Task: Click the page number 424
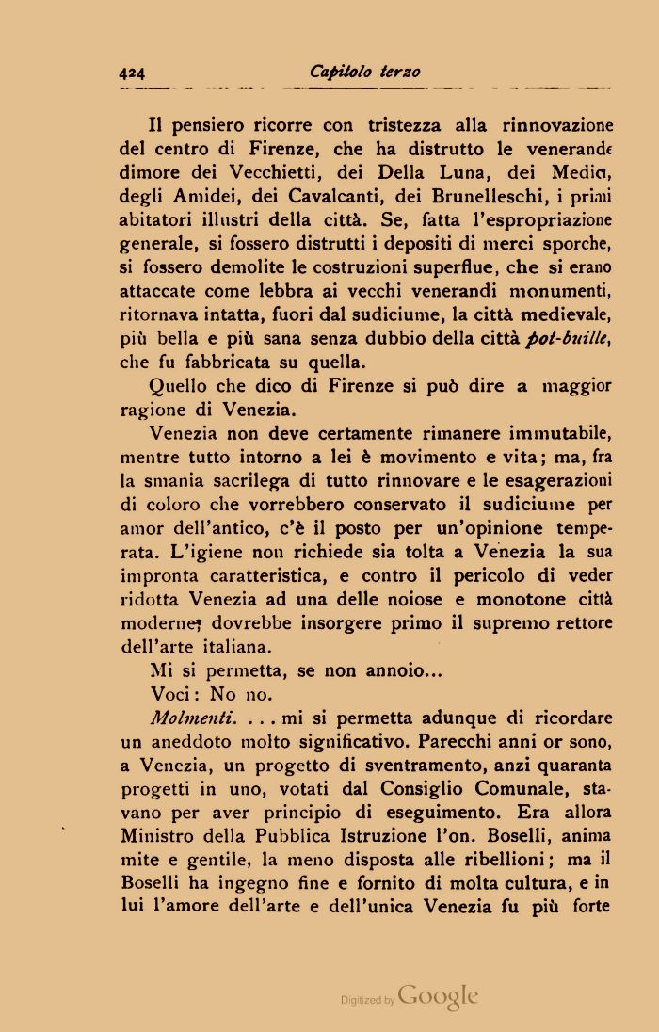(131, 73)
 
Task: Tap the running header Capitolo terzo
(364, 72)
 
